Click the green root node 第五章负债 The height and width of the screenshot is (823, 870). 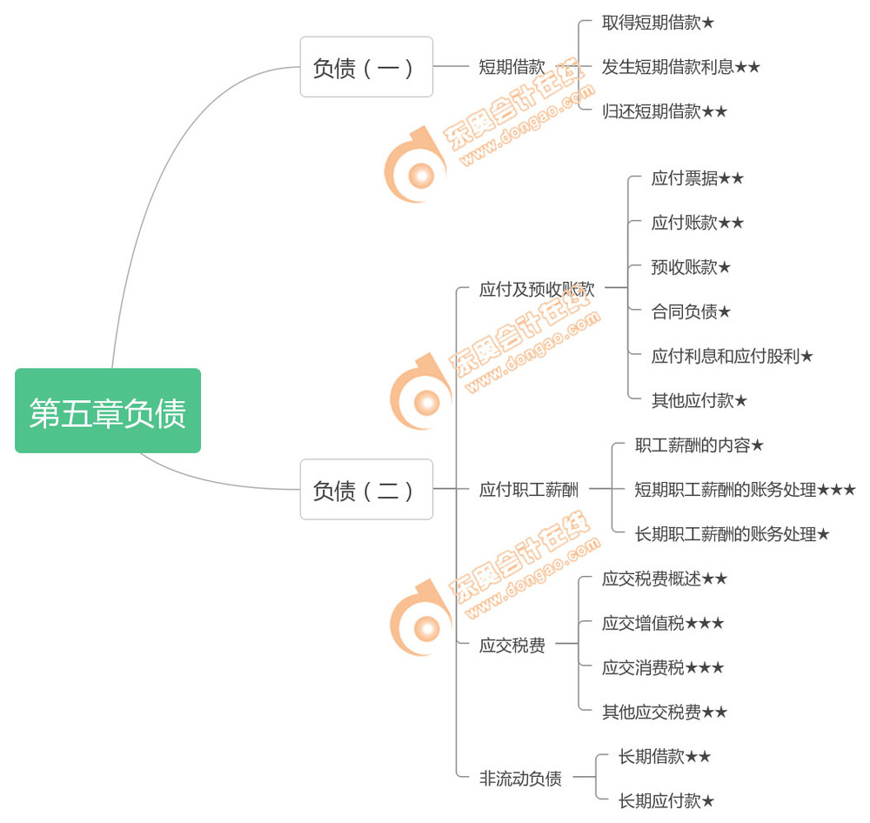[x=108, y=411]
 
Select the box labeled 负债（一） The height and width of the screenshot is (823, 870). [x=366, y=67]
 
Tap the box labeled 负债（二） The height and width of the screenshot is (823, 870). [x=366, y=490]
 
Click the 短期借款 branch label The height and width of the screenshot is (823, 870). [x=512, y=67]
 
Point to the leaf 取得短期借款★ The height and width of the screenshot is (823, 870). [x=658, y=23]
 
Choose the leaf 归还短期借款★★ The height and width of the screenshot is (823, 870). [x=665, y=111]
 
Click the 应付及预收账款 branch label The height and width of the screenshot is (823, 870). [x=537, y=290]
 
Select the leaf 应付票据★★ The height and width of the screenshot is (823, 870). [x=697, y=178]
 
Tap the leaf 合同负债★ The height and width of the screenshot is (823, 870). [x=691, y=311]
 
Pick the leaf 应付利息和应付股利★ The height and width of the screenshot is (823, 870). [x=732, y=356]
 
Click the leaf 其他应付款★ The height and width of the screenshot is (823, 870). [x=699, y=401]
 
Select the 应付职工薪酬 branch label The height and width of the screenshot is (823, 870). [x=528, y=490]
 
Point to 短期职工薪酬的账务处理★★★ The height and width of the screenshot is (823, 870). [x=745, y=490]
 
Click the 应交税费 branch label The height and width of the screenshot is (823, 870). [x=512, y=646]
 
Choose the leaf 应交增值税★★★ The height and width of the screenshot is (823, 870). [x=663, y=623]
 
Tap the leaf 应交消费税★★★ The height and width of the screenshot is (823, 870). [x=663, y=667]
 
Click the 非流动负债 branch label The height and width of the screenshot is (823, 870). [x=520, y=779]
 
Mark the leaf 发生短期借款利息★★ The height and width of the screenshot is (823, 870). [x=681, y=67]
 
